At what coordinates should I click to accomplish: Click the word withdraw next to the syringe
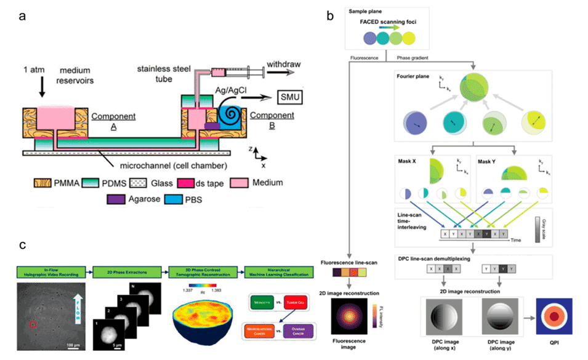[x=281, y=70]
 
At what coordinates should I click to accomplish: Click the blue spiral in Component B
[x=232, y=114]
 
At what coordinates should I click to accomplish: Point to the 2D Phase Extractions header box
[x=127, y=268]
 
